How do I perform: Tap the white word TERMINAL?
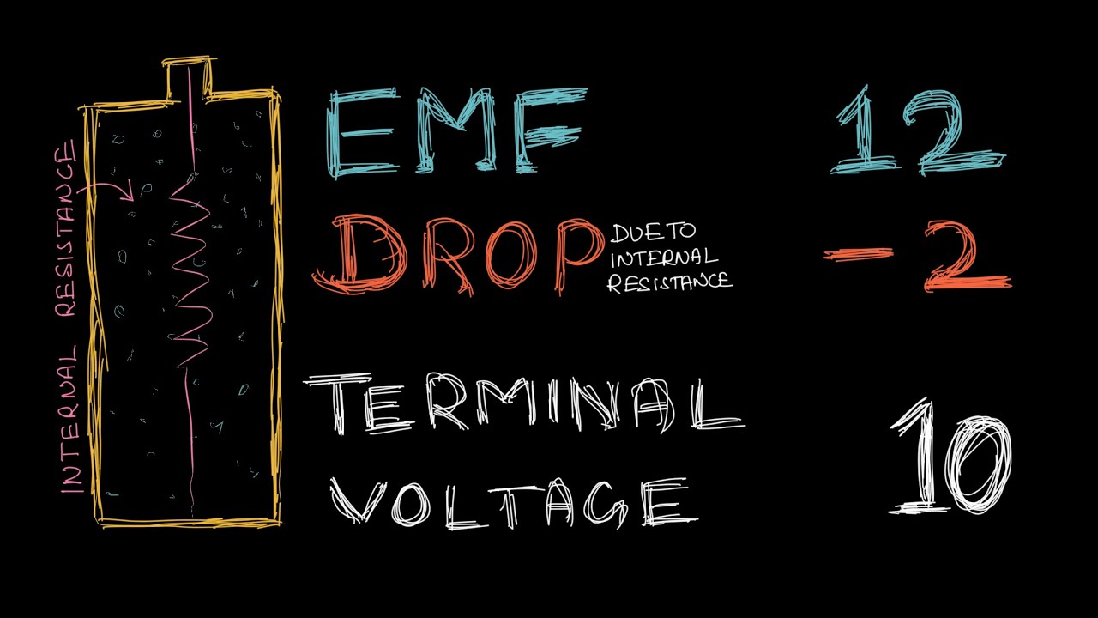pyautogui.click(x=523, y=405)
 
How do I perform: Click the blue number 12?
pyautogui.click(x=918, y=133)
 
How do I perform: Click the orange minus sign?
pyautogui.click(x=858, y=253)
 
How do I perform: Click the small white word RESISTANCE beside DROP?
pyautogui.click(x=670, y=282)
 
